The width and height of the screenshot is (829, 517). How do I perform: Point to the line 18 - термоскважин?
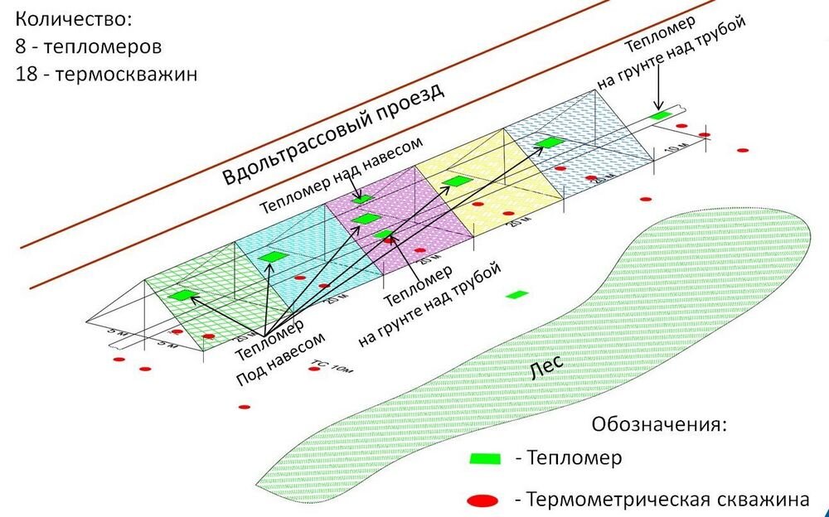105,72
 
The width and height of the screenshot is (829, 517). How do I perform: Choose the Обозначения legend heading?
658,425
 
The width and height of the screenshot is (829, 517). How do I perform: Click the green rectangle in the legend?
485,459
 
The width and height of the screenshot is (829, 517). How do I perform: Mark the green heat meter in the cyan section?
271,257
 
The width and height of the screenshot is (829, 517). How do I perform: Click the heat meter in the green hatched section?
182,294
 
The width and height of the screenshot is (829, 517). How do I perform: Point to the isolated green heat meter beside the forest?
518,294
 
